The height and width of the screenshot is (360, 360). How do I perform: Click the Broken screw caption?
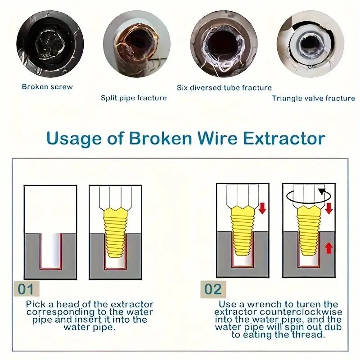(47, 87)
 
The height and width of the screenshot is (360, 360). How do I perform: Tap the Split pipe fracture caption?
(134, 98)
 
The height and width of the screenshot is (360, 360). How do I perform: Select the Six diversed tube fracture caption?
(224, 88)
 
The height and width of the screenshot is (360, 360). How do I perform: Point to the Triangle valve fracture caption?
(314, 98)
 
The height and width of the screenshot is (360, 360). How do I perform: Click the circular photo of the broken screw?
(50, 44)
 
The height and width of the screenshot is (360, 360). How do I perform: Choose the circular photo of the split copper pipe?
(137, 44)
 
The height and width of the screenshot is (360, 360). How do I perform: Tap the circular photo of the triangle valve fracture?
(310, 44)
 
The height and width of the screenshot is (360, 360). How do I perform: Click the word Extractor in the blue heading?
(284, 139)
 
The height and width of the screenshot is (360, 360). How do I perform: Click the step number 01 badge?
(27, 289)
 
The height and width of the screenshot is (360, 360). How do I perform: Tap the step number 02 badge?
(213, 289)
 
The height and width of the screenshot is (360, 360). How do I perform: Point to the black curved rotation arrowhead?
(322, 191)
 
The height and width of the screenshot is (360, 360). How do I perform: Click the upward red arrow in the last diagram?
(328, 248)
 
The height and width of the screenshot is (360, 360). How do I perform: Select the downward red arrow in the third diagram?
(262, 208)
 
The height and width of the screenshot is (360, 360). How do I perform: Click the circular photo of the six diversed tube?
(224, 44)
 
